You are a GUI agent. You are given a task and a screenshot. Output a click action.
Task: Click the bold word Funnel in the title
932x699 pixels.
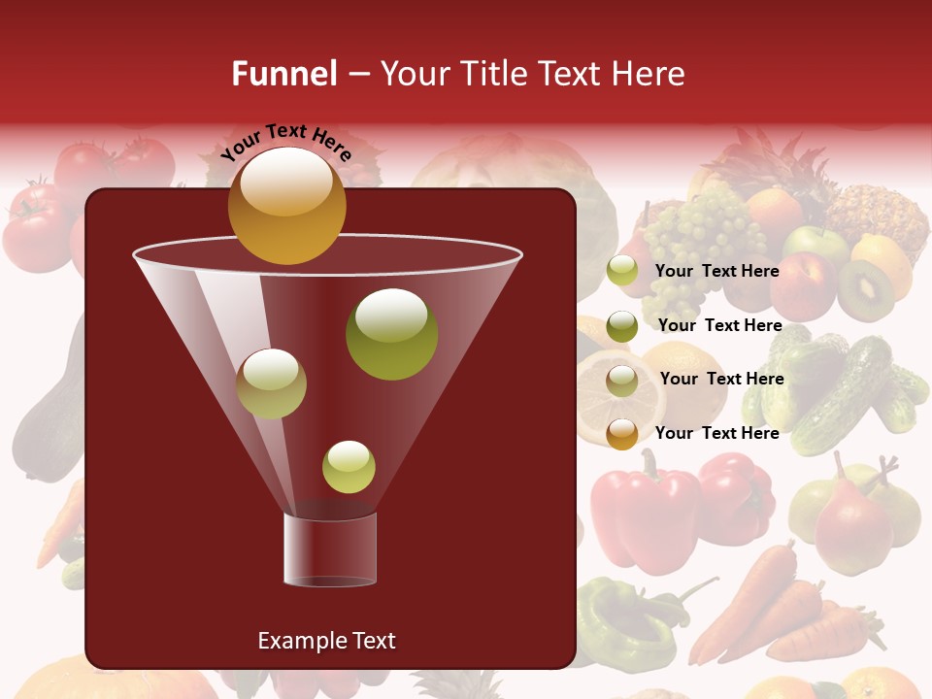coord(283,74)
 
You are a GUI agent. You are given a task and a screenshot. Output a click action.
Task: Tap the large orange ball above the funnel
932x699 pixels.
coord(286,206)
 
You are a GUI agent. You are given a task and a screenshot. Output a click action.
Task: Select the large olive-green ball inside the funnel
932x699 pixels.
coord(391,334)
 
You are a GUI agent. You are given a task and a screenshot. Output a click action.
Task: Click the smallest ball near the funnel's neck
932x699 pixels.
coord(349,467)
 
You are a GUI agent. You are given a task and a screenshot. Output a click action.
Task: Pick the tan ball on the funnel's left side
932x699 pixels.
coord(271,383)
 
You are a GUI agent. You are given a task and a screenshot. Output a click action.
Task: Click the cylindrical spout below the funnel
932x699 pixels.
coord(330,549)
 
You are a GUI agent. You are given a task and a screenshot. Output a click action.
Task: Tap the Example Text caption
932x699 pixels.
coord(326,641)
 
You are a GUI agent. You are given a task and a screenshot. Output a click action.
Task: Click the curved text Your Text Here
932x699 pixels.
coord(286,142)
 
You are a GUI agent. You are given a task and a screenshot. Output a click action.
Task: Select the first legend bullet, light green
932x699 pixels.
coord(622,271)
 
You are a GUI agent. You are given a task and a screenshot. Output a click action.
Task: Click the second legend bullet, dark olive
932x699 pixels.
coord(622,326)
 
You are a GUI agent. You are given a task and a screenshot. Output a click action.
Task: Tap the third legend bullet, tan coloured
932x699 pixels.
coord(622,380)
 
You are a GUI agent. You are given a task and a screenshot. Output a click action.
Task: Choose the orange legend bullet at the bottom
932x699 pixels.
coord(622,434)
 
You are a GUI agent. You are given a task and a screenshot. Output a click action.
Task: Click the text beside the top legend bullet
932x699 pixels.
coord(717,271)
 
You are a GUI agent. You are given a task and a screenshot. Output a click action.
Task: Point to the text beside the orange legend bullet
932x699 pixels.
coord(717,433)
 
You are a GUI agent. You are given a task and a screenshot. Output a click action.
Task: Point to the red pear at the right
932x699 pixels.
coord(852,525)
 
